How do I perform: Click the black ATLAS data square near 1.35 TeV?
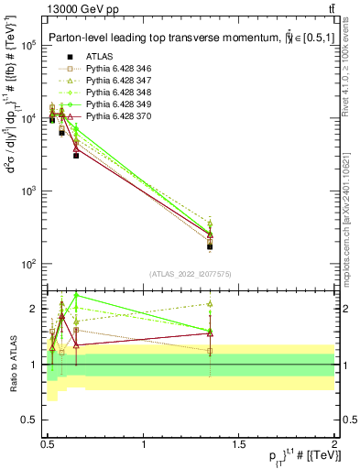tap(210, 247)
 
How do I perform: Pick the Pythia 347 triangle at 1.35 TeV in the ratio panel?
tap(210, 303)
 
